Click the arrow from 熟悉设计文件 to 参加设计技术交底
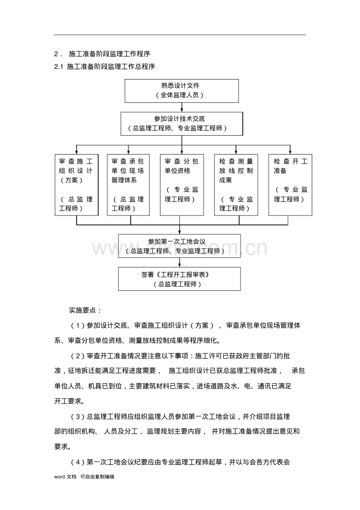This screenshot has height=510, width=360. [182, 107]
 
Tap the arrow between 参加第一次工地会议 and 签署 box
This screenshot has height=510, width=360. [180, 262]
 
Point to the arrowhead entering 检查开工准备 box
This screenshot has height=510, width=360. [290, 152]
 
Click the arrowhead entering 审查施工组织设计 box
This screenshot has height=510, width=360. [76, 152]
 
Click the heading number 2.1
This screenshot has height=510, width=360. [58, 67]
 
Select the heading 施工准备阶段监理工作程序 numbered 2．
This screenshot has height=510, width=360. [110, 54]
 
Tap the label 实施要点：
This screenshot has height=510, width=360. [85, 310]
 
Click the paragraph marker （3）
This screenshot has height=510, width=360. [78, 417]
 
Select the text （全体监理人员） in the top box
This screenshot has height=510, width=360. [180, 95]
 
